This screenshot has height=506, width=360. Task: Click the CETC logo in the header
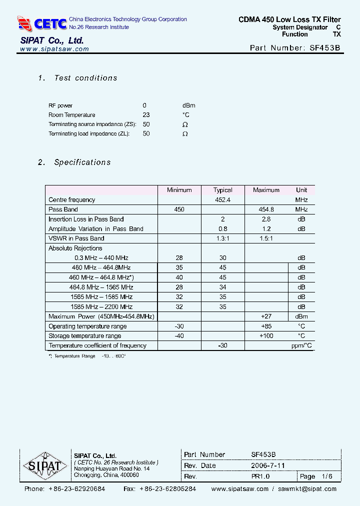tap(42, 23)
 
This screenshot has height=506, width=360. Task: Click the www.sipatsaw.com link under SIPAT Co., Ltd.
tap(55, 49)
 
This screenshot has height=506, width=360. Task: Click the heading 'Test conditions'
tap(85, 78)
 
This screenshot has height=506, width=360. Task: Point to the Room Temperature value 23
tap(146, 115)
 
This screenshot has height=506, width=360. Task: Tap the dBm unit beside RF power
tap(188, 105)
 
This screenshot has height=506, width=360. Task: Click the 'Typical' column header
tap(222, 190)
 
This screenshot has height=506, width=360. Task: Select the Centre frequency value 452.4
tap(222, 200)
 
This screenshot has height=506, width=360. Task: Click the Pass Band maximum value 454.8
tap(266, 209)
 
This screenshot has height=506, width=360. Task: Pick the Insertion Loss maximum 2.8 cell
tap(266, 219)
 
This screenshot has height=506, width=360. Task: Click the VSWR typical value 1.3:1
tap(222, 238)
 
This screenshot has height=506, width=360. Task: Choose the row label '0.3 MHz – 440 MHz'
tap(101, 258)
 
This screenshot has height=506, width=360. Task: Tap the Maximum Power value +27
tap(266, 316)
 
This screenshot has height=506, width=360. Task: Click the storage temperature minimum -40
tap(179, 336)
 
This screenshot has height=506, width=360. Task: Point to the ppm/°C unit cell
tap(301, 345)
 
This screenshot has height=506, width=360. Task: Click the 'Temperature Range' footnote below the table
tap(87, 356)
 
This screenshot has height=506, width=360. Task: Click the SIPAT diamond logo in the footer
tap(45, 466)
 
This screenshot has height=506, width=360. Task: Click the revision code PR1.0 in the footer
tap(260, 476)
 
